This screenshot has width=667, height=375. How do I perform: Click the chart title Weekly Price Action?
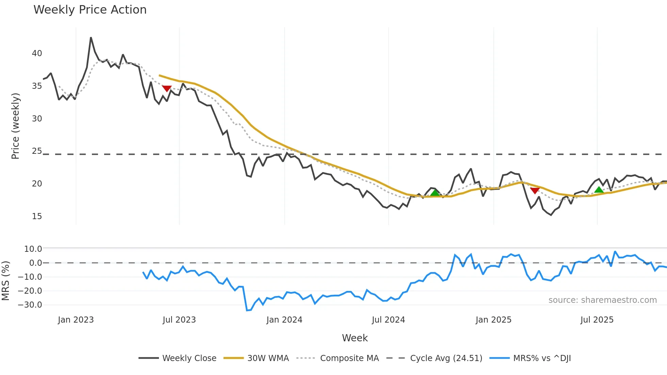pos(90,10)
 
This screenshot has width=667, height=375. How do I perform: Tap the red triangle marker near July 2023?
pos(167,88)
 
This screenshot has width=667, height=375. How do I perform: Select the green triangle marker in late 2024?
pos(435,193)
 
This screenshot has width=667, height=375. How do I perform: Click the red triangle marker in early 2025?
pos(535,191)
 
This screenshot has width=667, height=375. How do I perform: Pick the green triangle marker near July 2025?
pos(599,190)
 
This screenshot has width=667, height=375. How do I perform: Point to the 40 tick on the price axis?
pos(37,53)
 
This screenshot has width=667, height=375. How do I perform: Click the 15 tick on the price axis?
pos(37,216)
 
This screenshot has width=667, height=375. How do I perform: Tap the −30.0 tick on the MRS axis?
pos(30,305)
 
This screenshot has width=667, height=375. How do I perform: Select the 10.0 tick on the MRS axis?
pos(33,249)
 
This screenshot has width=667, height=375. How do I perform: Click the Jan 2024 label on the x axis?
pos(284,320)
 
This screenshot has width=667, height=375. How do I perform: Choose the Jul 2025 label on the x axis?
pos(597,320)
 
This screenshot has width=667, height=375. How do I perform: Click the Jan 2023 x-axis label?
pos(76,320)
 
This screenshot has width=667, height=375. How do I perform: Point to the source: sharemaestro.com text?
pos(602,300)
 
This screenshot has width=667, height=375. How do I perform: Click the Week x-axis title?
pos(355,338)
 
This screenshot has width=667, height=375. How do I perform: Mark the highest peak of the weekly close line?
pos(91,38)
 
